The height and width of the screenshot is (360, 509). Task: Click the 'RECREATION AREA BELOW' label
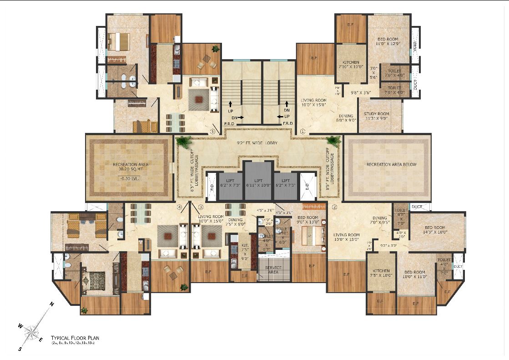392,164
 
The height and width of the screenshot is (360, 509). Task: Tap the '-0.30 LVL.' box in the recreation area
129,178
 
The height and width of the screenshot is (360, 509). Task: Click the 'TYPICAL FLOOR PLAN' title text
75,338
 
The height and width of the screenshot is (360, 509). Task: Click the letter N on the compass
52,304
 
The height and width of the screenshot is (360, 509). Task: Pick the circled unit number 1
303,132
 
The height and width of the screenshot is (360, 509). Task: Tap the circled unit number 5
212,132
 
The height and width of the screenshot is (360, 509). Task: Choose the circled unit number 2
334,208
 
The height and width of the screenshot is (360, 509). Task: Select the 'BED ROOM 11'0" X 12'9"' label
388,42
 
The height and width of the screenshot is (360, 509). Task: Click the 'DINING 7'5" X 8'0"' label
235,222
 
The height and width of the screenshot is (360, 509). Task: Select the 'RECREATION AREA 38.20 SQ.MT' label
131,166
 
